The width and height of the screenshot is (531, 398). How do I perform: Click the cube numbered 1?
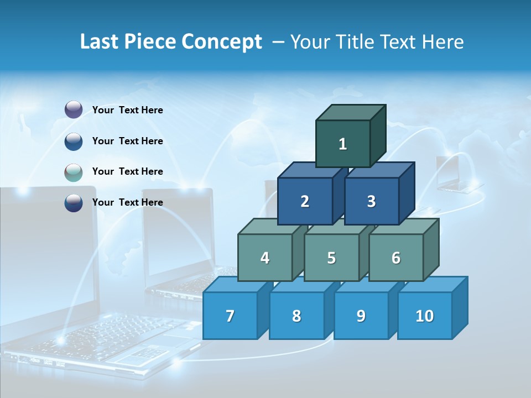tap(343, 144)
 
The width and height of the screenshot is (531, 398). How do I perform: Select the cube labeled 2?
tap(305, 201)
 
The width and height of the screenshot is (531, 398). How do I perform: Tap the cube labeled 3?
tap(371, 201)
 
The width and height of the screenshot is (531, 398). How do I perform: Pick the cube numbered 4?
tap(265, 258)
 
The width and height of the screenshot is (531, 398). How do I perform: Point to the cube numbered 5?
tap(331, 258)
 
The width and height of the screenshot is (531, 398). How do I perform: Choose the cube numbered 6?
tap(396, 258)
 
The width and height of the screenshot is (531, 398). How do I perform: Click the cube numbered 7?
tap(230, 316)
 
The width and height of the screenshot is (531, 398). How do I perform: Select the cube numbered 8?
tap(296, 316)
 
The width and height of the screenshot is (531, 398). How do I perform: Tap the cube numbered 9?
tap(361, 316)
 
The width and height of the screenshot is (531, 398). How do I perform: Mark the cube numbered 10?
tap(425, 316)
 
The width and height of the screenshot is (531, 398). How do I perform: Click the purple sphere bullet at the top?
tap(74, 110)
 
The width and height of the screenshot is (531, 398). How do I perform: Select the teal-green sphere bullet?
tap(74, 172)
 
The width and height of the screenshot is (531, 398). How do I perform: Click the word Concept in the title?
tap(222, 42)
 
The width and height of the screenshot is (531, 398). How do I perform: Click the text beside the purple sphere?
tap(128, 110)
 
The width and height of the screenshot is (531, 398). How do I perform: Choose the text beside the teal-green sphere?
tap(128, 171)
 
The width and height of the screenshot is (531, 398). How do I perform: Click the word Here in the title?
tap(442, 42)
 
